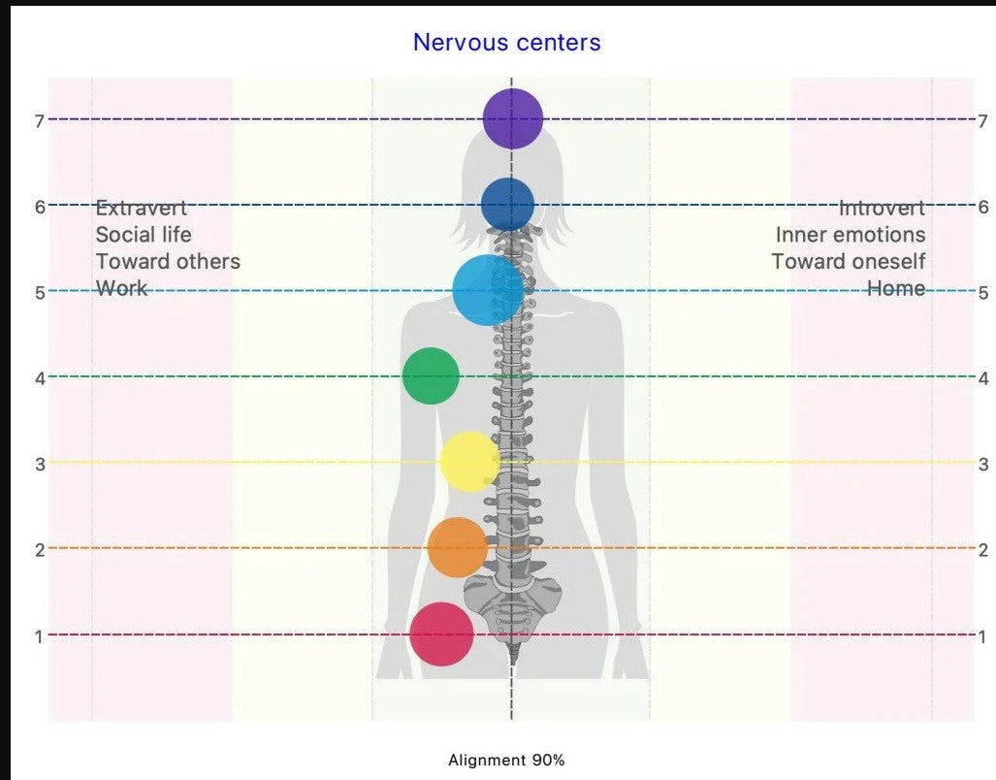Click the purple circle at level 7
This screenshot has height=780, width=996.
tap(511, 118)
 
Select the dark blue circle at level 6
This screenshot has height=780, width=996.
tap(507, 205)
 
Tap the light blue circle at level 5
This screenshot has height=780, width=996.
tap(488, 290)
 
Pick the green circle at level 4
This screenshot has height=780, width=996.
tap(430, 375)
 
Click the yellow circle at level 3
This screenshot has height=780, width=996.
tap(469, 462)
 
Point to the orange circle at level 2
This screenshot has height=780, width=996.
tap(457, 547)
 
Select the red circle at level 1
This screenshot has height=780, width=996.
tap(441, 634)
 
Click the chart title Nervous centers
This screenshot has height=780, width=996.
tap(506, 43)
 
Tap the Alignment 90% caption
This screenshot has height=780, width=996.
tap(506, 761)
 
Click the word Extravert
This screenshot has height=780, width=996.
tap(141, 208)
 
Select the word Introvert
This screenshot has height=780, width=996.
tap(882, 208)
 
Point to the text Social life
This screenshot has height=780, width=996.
tap(144, 235)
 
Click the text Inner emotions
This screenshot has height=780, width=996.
tap(850, 235)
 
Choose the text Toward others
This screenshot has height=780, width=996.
tap(168, 262)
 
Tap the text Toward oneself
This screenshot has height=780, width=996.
tap(848, 262)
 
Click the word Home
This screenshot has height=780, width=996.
tap(895, 289)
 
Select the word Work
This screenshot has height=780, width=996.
tap(121, 289)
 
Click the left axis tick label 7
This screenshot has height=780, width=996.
tap(40, 121)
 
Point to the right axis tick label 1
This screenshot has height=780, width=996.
tap(982, 637)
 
